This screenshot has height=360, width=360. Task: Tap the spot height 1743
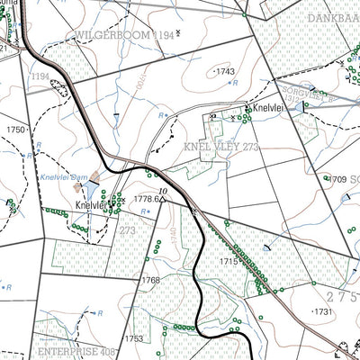(x=225, y=70)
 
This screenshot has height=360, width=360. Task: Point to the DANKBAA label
(x=333, y=18)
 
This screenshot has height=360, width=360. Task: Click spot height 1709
(x=337, y=179)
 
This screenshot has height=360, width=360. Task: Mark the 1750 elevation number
(x=15, y=130)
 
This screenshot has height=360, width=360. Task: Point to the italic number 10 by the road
(x=163, y=191)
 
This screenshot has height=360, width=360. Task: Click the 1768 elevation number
(x=149, y=280)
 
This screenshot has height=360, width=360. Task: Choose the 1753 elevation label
(x=133, y=338)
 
